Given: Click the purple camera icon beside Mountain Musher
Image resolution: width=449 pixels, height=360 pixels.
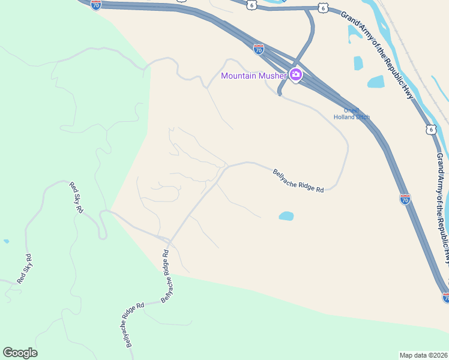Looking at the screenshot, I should [295, 76].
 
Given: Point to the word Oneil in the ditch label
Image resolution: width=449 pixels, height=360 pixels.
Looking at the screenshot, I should [351, 110].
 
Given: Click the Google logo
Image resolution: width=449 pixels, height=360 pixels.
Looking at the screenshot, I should [20, 353].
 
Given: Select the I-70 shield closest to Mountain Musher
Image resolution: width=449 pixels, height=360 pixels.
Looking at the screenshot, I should [258, 49].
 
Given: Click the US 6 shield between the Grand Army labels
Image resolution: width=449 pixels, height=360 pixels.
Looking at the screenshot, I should [430, 129].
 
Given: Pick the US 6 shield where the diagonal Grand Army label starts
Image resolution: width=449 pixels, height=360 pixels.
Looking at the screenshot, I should [324, 7].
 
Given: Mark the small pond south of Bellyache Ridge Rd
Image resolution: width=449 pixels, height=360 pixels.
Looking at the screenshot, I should [286, 215].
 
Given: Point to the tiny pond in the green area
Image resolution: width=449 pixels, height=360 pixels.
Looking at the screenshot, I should [6, 241].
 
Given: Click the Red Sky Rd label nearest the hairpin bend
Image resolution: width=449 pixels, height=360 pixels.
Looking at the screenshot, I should [76, 196].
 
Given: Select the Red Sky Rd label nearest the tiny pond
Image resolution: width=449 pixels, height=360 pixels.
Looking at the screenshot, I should [25, 269].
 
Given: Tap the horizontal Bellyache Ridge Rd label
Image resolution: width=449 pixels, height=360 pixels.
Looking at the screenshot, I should [298, 181].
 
